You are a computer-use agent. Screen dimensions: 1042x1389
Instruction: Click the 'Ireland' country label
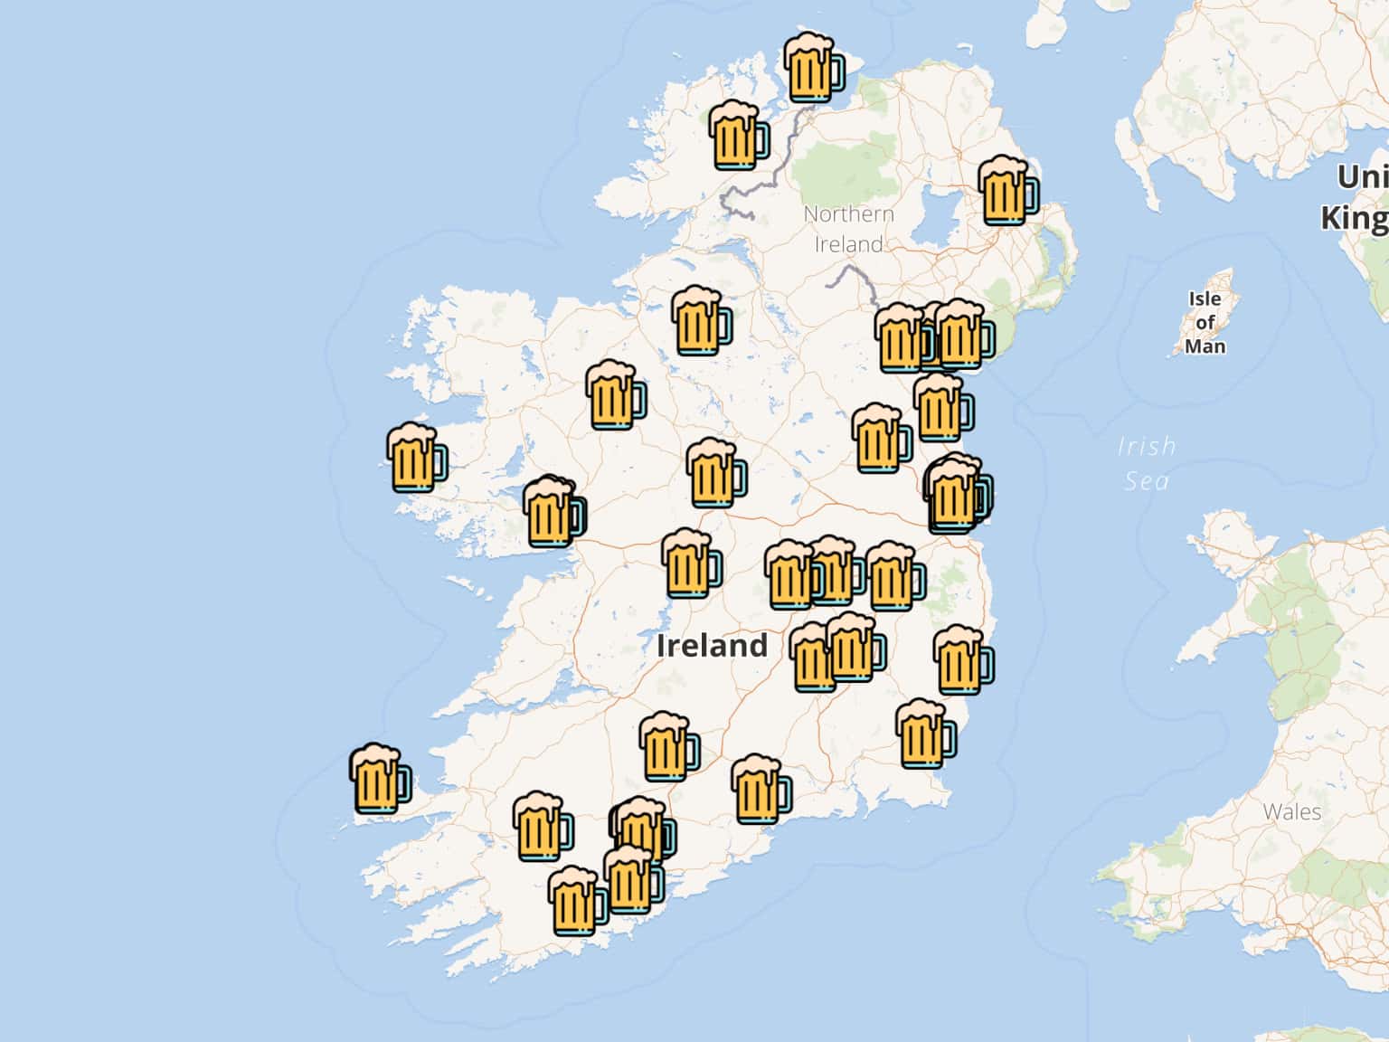[712, 646]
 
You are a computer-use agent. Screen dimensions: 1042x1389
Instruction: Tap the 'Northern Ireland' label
[848, 229]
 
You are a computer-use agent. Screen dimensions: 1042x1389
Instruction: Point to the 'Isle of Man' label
[1205, 322]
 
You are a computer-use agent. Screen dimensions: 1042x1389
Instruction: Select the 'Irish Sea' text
[1147, 463]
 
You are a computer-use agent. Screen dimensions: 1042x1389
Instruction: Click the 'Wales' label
[1292, 811]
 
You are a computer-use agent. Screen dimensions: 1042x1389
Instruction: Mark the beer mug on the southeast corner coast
[923, 734]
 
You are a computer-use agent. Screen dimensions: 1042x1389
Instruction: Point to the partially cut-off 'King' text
[1354, 219]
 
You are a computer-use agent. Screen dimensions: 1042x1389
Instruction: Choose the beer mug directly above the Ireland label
[713, 473]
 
